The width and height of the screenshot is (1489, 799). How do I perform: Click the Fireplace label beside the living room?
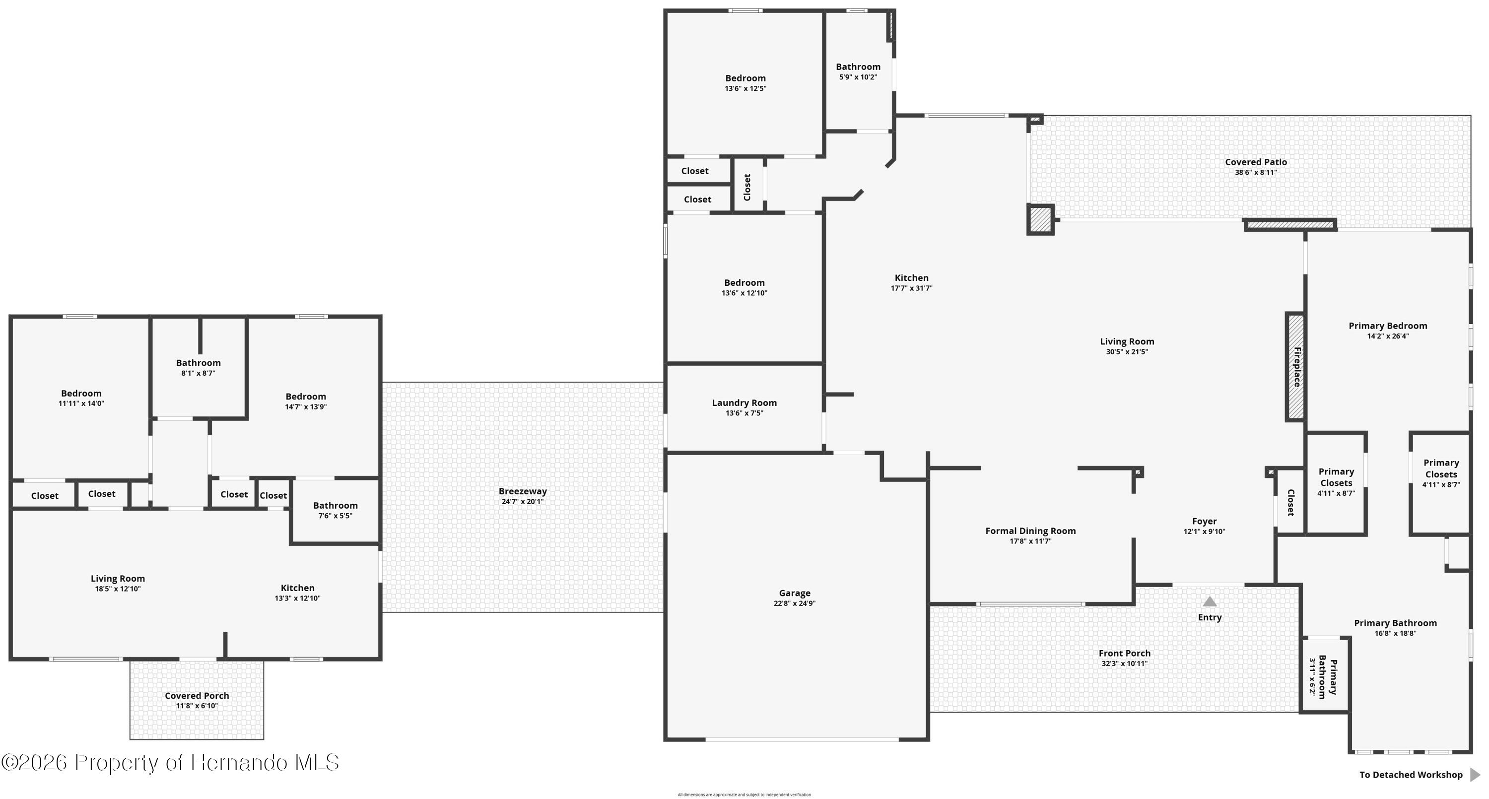tap(1296, 367)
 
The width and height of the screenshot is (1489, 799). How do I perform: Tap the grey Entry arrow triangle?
tap(1209, 602)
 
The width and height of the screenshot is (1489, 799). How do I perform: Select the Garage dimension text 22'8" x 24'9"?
tap(794, 603)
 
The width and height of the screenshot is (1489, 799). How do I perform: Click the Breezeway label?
tap(523, 491)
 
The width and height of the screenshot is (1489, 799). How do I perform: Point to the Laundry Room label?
tap(744, 402)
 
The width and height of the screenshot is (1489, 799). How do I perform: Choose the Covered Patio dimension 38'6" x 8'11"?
tap(1256, 172)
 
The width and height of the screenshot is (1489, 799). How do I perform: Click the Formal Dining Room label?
tap(1030, 531)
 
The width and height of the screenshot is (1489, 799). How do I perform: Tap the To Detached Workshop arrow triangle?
tap(1475, 775)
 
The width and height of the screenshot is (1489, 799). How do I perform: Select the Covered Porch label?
tap(197, 695)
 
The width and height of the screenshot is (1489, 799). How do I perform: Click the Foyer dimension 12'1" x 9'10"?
tap(1204, 532)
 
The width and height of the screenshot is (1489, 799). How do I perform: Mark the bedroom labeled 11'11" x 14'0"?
tap(81, 398)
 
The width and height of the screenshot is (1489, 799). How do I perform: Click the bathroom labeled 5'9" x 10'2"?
tap(858, 71)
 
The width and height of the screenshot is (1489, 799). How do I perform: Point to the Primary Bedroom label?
tap(1387, 326)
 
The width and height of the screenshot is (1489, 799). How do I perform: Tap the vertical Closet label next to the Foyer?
tap(1290, 502)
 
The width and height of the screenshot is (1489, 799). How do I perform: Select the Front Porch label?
tap(1124, 653)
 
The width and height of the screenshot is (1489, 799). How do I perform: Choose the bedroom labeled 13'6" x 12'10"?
tap(744, 287)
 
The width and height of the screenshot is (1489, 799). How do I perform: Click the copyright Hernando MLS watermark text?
tap(171, 763)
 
